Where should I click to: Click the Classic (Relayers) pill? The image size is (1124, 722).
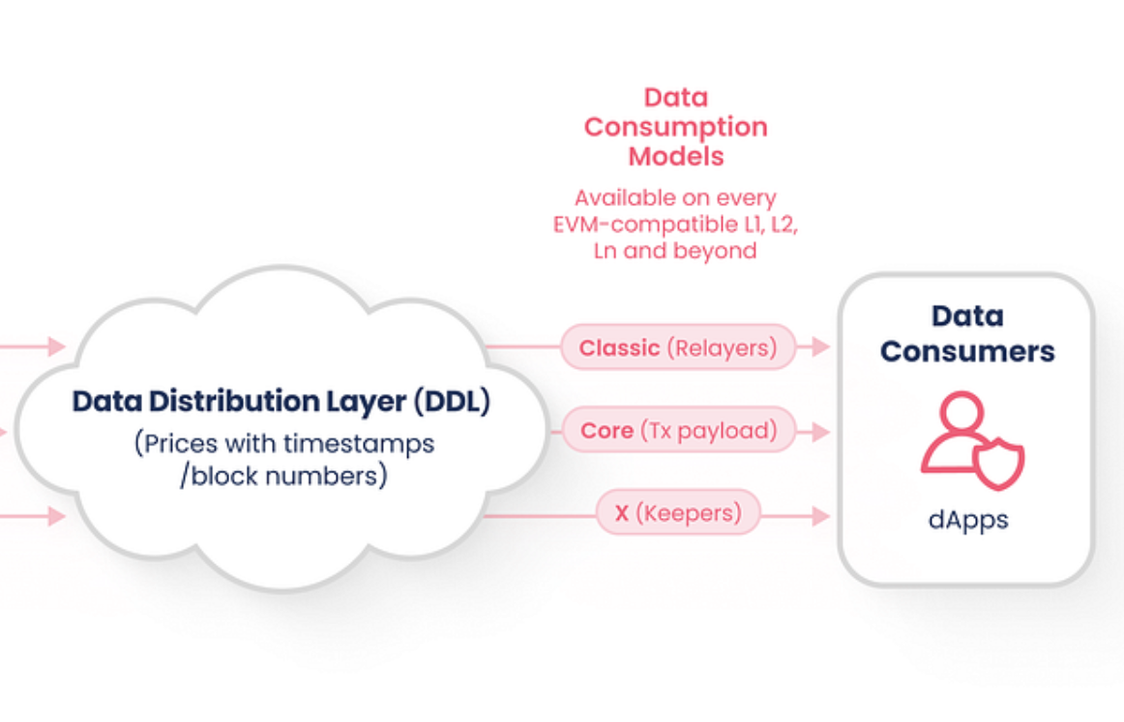coord(678,347)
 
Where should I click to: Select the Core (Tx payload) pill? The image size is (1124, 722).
coord(679,430)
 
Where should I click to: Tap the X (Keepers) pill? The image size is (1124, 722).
coord(678,513)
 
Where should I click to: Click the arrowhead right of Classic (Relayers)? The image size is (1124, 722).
coord(821,347)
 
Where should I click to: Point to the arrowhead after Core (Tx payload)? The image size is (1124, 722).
coord(821,433)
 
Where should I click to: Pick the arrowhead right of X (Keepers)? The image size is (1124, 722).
coord(821,516)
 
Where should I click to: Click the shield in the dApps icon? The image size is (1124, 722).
coord(998,463)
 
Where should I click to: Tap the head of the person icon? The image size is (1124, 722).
coord(961,411)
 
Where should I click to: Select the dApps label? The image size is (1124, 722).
coord(967,520)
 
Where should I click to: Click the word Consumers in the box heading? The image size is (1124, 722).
coord(967,351)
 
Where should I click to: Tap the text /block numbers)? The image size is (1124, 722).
coord(283,476)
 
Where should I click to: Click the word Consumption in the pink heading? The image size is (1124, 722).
coord(676,128)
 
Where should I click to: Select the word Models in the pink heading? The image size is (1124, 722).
coord(676,156)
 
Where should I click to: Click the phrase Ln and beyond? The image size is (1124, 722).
coord(675,251)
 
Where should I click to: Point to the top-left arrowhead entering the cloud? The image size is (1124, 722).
coord(57,346)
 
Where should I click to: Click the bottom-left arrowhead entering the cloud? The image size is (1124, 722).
coord(57,516)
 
